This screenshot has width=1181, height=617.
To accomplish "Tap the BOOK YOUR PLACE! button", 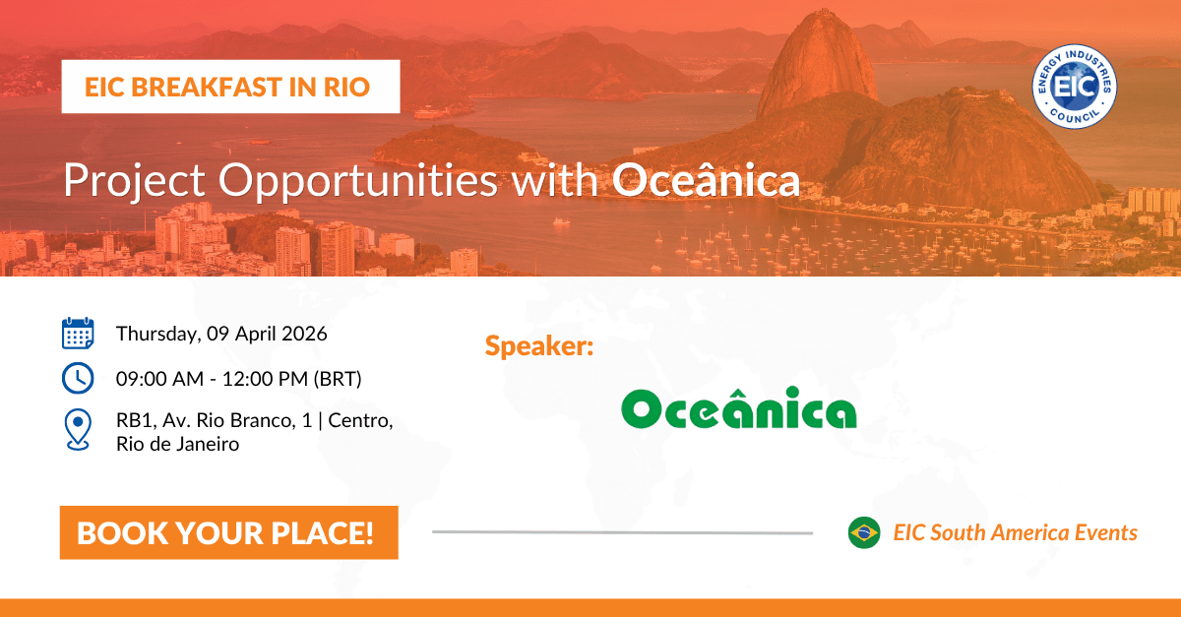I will [228, 532].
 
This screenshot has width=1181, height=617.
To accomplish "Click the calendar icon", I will [78, 334].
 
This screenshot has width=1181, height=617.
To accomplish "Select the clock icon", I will [78, 378].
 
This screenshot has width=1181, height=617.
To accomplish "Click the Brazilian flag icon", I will [864, 532].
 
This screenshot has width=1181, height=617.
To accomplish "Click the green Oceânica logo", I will [738, 410].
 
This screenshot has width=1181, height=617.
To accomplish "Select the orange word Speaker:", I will [538, 346].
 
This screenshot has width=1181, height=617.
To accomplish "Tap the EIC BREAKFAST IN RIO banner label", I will [229, 87].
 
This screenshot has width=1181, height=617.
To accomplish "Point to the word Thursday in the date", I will [157, 334].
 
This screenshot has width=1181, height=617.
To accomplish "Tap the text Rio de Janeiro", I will [177, 444].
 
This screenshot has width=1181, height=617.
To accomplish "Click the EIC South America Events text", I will [1015, 532].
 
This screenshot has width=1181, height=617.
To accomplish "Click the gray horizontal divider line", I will [622, 532].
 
